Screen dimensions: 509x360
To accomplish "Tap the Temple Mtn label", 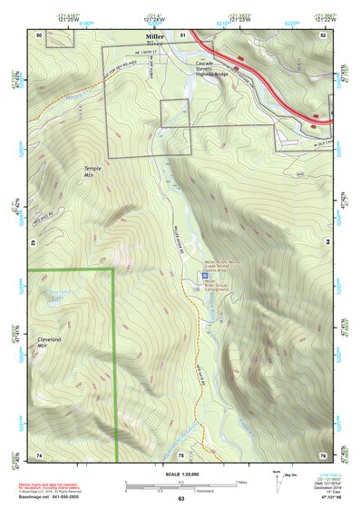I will pos(94,171).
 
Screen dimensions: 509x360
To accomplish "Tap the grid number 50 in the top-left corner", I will pos(39,34).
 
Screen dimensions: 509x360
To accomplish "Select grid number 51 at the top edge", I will pos(182,34).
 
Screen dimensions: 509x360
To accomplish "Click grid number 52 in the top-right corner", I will pos(323,34).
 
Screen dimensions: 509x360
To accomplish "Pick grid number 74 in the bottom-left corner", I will pos(39,454).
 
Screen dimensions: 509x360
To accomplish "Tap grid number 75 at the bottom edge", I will pos(180,454).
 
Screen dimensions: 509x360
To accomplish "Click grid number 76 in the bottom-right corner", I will pos(322,454).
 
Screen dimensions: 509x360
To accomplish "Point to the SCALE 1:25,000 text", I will pos(180,474).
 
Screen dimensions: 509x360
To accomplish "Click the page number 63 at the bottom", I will pos(180,499).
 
